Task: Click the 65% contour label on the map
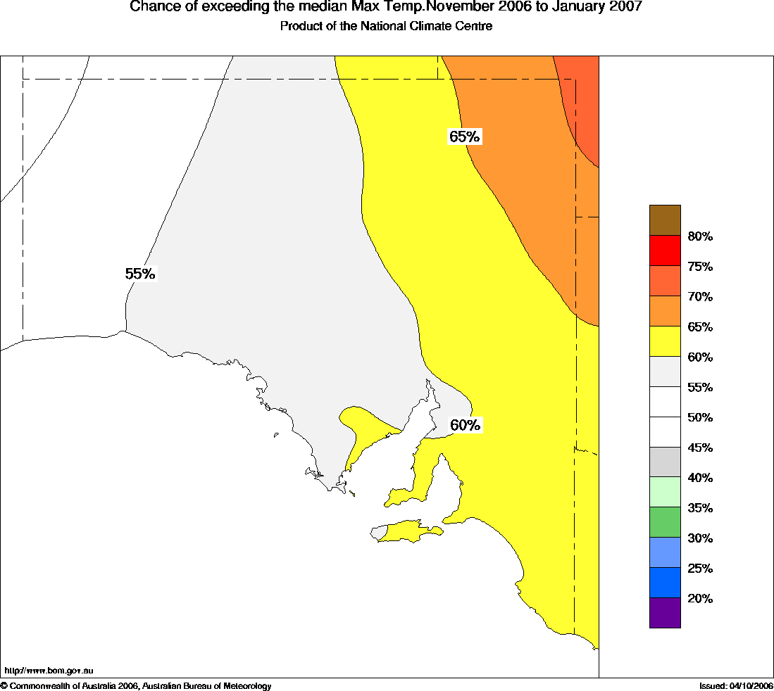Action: (464, 137)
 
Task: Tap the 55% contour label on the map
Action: (139, 274)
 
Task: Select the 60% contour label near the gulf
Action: (465, 425)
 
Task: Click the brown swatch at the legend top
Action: (665, 220)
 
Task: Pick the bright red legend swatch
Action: (665, 251)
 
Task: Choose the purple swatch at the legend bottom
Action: (665, 613)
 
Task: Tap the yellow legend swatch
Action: (665, 341)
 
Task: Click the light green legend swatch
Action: (665, 492)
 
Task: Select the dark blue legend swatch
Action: (665, 583)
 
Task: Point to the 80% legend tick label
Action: (700, 236)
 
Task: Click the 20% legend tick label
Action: (700, 599)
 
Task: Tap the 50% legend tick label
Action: (700, 417)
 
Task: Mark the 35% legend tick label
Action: (700, 508)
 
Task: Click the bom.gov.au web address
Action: (49, 671)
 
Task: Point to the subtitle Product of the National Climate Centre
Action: (386, 26)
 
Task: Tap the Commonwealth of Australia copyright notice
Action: (136, 685)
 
